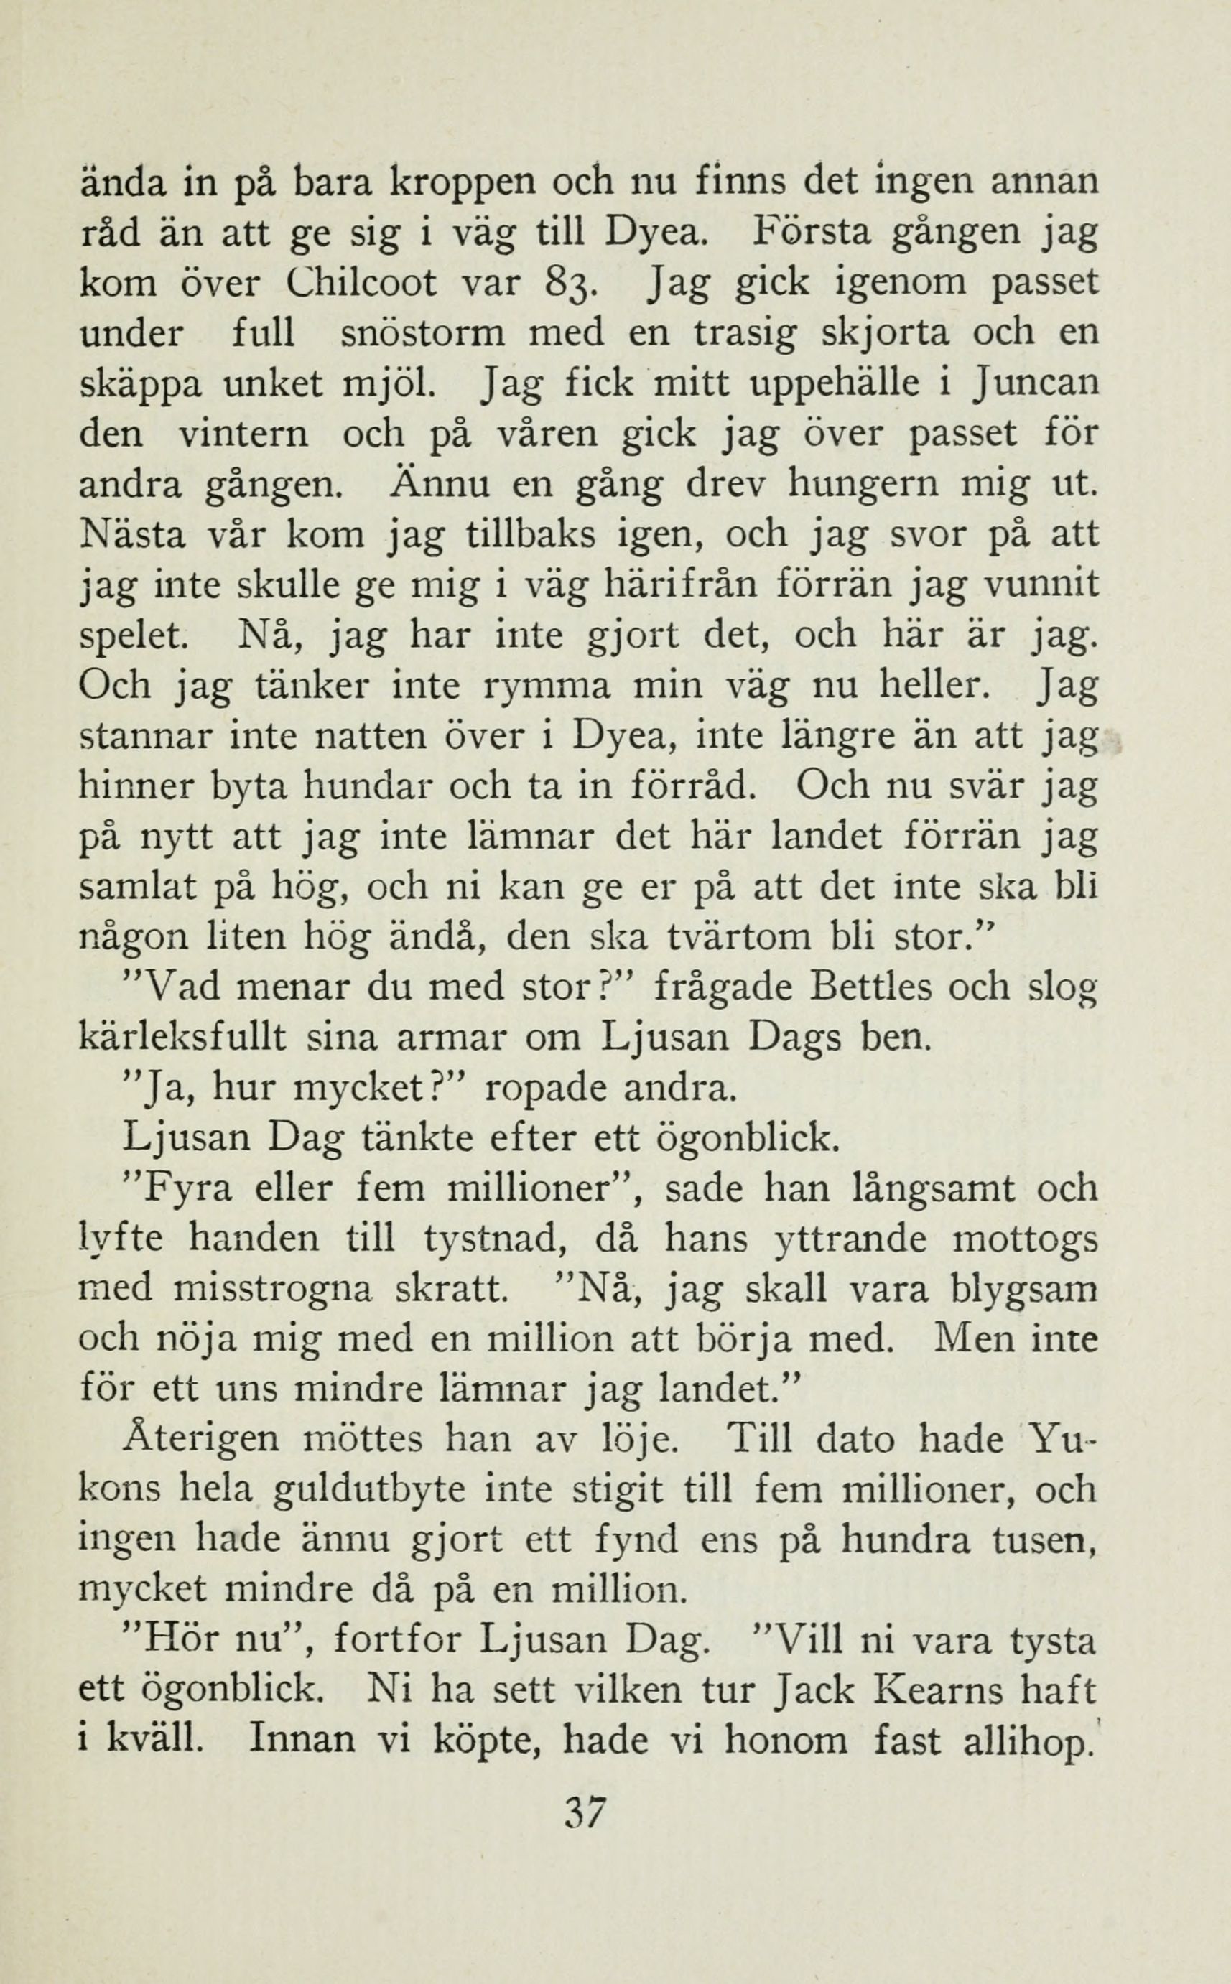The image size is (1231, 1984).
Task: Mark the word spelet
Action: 134,636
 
